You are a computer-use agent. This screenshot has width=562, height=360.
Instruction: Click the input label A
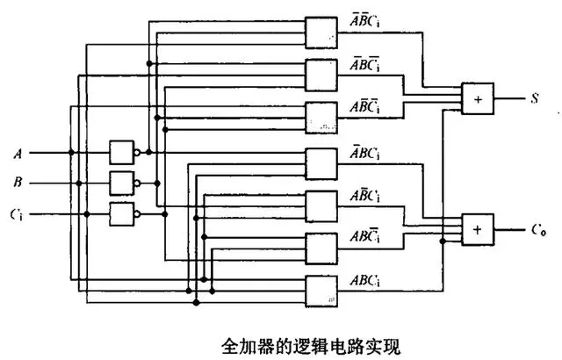18,153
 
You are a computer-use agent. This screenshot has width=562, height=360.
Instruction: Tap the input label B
18,184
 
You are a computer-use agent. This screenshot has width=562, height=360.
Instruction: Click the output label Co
537,230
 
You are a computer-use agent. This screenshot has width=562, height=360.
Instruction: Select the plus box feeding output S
478,98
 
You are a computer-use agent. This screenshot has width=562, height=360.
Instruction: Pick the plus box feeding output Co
478,229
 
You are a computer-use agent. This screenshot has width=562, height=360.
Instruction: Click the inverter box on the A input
122,153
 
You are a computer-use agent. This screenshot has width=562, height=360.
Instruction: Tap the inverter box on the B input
122,184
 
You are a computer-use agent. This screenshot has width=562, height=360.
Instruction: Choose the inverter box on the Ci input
122,214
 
